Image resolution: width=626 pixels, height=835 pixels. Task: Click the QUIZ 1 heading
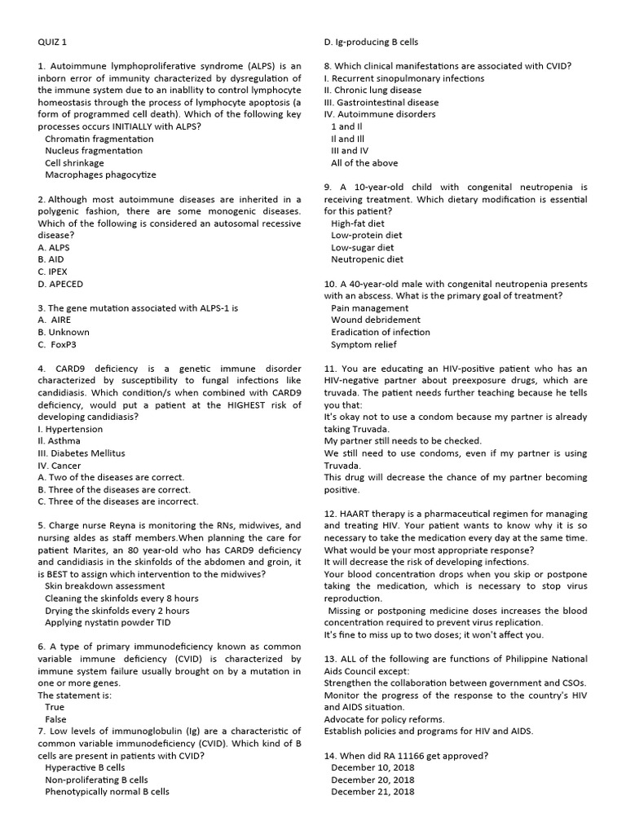53,42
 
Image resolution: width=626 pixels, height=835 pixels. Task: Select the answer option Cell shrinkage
74,162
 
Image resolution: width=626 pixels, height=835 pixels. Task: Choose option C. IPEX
52,272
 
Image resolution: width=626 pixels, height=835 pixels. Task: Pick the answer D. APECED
60,284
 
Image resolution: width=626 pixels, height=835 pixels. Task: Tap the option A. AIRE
55,320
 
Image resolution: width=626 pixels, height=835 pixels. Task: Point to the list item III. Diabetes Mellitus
82,453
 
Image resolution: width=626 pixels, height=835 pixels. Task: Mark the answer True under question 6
55,707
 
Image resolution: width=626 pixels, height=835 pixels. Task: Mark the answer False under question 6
55,719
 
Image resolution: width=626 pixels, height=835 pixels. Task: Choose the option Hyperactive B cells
85,767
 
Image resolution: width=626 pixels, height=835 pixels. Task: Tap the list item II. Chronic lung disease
373,91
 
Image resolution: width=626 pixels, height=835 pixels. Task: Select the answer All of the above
364,163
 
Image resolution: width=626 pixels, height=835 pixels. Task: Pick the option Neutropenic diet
367,259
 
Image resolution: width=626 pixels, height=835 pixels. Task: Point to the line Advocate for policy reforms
384,718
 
